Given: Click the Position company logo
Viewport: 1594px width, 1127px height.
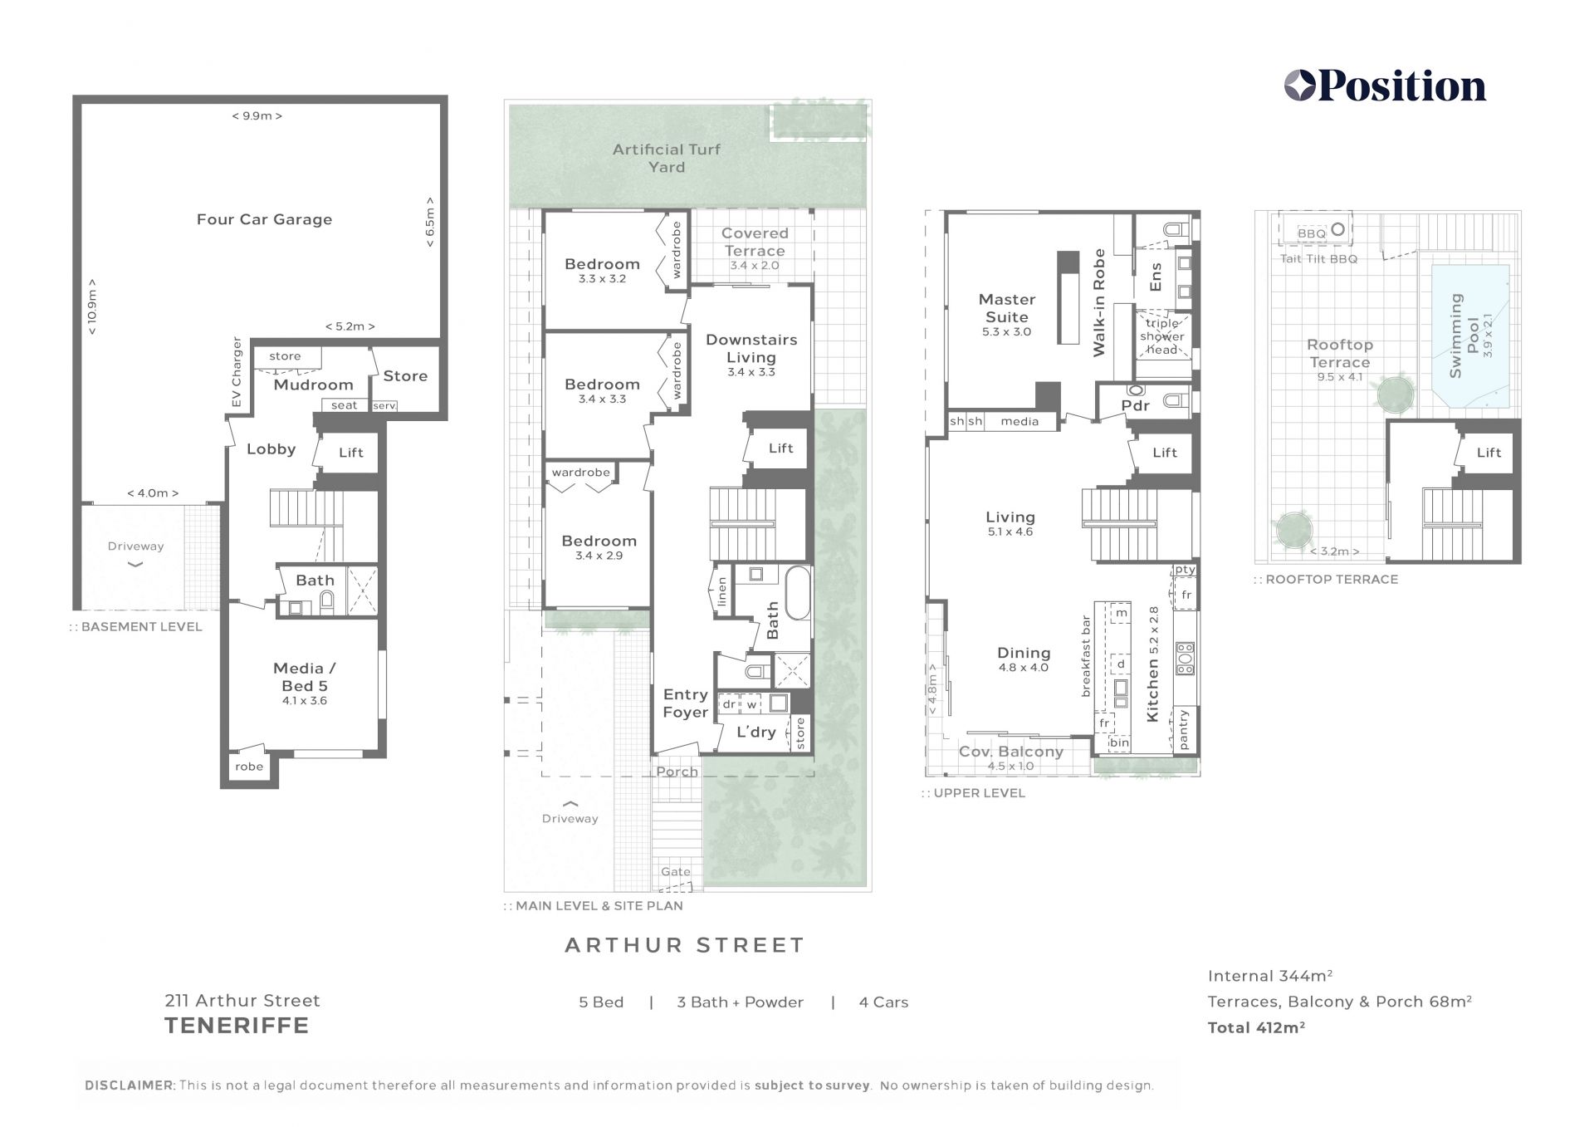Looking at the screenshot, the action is pos(1385,86).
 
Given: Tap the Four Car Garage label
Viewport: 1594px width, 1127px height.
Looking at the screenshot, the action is pos(264,219).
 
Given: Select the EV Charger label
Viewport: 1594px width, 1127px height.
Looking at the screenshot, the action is pos(237,373).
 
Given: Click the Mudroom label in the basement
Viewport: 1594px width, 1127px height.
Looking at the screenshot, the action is pos(313,385).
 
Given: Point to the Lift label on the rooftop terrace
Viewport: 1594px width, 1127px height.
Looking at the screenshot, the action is pos(1489,453).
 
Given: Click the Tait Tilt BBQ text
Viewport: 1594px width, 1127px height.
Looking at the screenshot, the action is pos(1318,259).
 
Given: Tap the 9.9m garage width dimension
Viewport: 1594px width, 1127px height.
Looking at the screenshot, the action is pos(257,116).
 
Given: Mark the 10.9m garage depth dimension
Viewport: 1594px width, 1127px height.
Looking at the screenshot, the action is pos(91,306).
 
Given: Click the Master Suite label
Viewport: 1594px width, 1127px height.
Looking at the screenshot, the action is pos(1007,308).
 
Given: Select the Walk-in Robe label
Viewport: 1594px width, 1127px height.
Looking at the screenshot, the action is pos(1099,303).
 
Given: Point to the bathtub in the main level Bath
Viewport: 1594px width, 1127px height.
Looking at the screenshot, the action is pos(797,593).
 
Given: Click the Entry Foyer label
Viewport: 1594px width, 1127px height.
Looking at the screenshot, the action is pos(685,703).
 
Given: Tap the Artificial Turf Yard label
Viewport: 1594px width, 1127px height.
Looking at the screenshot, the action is pos(667,158).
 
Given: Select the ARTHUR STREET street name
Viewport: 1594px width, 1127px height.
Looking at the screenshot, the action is pos(685,945).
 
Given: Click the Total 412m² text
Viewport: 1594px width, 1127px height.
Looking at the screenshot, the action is pos(1256,1027).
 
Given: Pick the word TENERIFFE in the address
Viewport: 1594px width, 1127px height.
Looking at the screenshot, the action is pos(237,1026).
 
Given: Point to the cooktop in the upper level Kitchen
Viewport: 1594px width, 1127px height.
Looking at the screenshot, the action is pos(1185,658).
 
